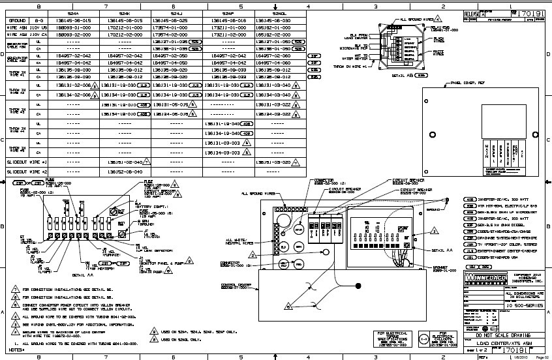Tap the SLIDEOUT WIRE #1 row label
[28, 162]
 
